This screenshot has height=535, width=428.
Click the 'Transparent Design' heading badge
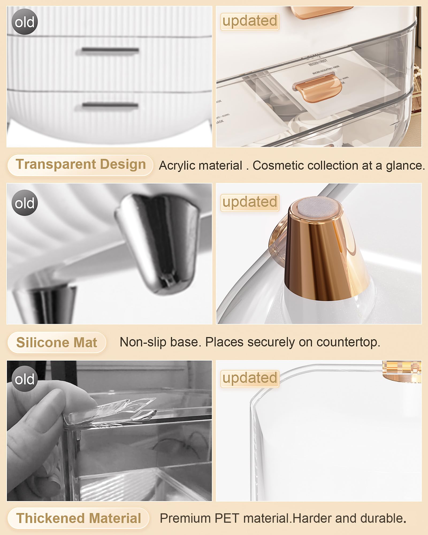pyautogui.click(x=80, y=165)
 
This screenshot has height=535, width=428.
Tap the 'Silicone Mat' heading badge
pyautogui.click(x=56, y=342)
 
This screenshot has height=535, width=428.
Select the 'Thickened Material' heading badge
pyautogui.click(x=78, y=518)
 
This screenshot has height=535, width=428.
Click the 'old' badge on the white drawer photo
pyautogui.click(x=25, y=22)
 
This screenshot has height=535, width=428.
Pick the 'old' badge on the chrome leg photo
pyautogui.click(x=25, y=203)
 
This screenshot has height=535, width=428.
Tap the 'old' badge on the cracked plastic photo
pyautogui.click(x=25, y=379)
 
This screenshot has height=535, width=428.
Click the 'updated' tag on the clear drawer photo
pyautogui.click(x=250, y=21)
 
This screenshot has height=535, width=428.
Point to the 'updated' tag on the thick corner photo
pyautogui.click(x=250, y=378)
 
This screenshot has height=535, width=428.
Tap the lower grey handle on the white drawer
pyautogui.click(x=110, y=105)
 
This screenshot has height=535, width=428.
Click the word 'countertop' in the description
pyautogui.click(x=348, y=342)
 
